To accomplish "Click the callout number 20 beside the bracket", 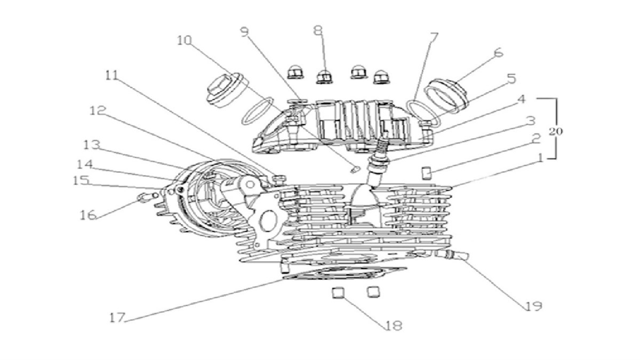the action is coord(555,131).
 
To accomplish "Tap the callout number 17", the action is coord(117,318).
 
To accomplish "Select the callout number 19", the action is coord(533,306).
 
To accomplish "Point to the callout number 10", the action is coord(185,41).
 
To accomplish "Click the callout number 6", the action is coord(498,53).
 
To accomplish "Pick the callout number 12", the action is coord(98,110).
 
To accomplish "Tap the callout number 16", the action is coord(87,215).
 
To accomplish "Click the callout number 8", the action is coord(318,30).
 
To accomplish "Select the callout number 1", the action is coord(539,157).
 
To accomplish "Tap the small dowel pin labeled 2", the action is coord(426,173).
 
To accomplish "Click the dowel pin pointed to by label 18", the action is coord(338,293).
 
